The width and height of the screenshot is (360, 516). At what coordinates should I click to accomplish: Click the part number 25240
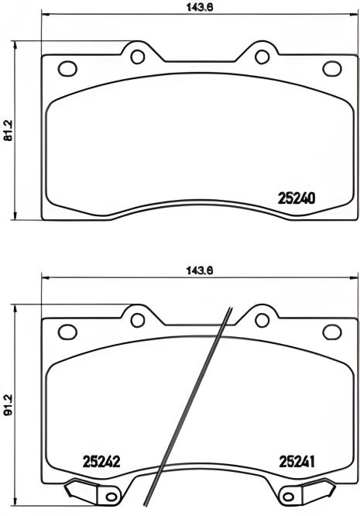click(x=296, y=198)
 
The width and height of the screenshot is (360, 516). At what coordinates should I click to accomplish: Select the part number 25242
click(x=100, y=463)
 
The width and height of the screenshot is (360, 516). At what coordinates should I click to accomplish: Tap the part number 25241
click(x=297, y=463)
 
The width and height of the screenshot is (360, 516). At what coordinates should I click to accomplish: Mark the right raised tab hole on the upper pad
click(x=259, y=56)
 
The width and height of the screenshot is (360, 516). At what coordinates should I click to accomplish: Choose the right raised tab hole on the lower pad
click(x=259, y=319)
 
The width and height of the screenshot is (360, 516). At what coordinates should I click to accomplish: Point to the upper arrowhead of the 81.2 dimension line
click(x=16, y=43)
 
